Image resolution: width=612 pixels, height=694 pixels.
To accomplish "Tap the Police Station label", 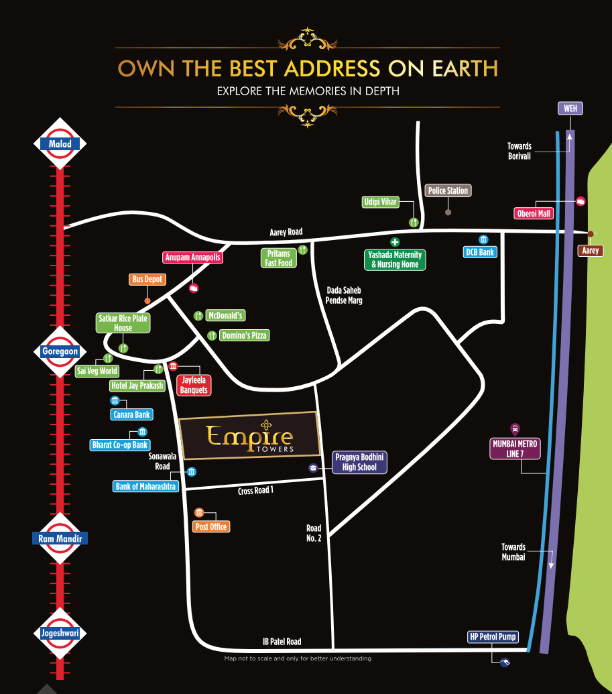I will (448, 190).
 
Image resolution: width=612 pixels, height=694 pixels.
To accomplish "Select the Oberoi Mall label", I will (534, 213).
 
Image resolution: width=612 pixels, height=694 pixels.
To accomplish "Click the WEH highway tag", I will (570, 109).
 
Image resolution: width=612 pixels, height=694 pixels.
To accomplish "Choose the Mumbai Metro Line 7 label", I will (515, 449).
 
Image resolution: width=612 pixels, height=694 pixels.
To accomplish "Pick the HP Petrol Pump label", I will (493, 636).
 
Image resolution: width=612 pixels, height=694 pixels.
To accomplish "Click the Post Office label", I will (211, 526).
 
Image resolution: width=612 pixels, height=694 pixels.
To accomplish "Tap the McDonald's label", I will (225, 315).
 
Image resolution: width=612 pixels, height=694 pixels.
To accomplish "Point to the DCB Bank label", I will (479, 252).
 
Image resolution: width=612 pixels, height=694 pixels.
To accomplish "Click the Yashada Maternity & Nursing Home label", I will (395, 259).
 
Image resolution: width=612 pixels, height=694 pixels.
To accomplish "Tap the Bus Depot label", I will (147, 279).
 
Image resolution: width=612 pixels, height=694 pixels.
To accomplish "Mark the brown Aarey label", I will (591, 250).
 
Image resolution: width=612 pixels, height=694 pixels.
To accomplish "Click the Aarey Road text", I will (286, 232).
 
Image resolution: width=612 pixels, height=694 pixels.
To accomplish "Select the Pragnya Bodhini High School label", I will (359, 462).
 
